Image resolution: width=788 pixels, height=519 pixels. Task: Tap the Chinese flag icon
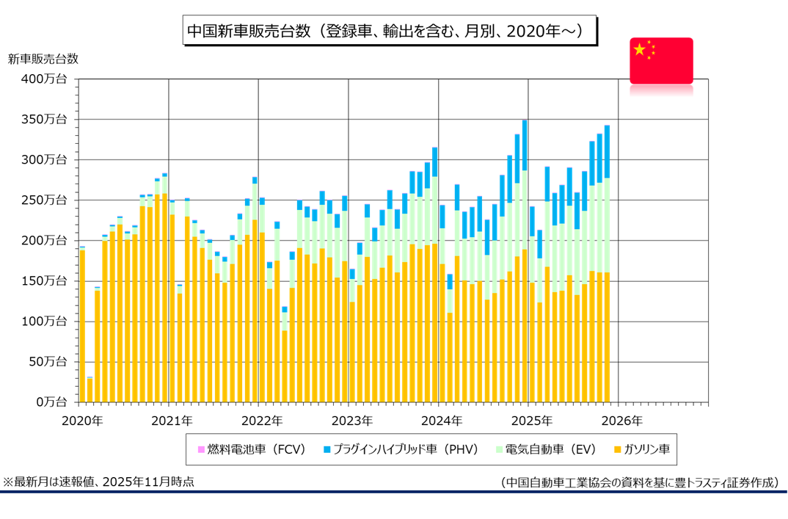(661, 59)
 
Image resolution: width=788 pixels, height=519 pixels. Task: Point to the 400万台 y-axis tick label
(45, 79)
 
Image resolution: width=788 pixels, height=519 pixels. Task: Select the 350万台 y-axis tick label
(45, 119)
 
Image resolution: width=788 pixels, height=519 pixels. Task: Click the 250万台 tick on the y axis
(45, 200)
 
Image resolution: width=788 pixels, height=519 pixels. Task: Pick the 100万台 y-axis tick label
(45, 321)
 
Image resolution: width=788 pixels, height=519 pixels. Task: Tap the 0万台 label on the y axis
(50, 402)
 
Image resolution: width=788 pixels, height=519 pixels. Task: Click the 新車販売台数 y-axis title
(43, 59)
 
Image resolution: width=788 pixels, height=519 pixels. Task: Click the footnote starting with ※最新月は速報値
(99, 482)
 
